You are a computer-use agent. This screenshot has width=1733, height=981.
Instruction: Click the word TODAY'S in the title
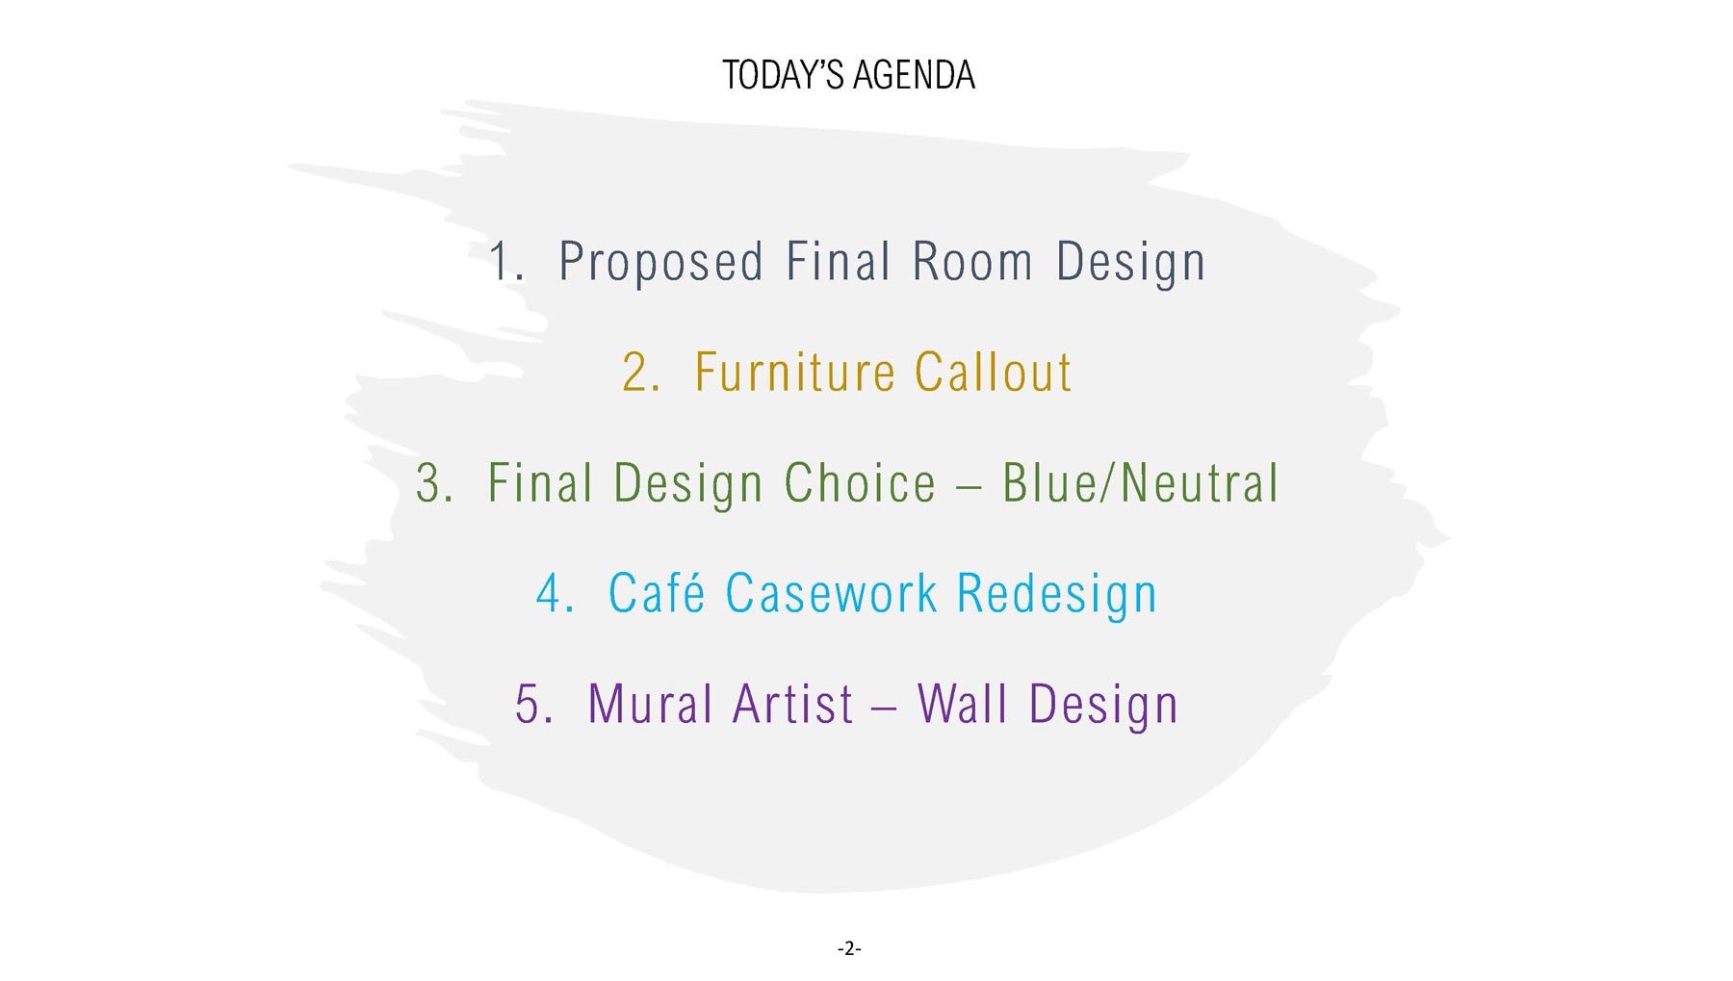tap(783, 75)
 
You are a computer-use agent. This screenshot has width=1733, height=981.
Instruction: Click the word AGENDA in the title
tap(915, 75)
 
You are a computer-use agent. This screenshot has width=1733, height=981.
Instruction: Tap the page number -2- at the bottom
tap(849, 949)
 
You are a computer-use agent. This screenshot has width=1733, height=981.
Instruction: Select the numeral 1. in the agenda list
tap(506, 261)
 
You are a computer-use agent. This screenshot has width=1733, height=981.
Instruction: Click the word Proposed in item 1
tap(661, 263)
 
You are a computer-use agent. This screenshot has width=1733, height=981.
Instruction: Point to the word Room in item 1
tap(973, 261)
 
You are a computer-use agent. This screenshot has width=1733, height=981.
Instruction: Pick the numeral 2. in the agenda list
tap(641, 372)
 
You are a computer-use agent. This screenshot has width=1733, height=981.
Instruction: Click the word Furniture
tap(795, 372)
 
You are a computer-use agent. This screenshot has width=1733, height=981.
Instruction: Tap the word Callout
tap(993, 372)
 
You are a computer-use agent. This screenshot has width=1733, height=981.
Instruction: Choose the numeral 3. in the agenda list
tap(434, 482)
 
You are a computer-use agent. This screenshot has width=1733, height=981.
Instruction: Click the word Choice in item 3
tap(860, 482)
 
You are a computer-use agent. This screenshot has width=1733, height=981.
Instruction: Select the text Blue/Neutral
tap(1141, 482)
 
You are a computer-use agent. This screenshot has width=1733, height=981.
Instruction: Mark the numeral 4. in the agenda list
tap(556, 593)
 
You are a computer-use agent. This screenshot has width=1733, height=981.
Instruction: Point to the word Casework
tap(832, 593)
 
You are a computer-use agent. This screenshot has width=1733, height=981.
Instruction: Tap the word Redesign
tap(1057, 595)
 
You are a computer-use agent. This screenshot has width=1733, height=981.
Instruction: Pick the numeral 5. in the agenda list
tap(534, 704)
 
